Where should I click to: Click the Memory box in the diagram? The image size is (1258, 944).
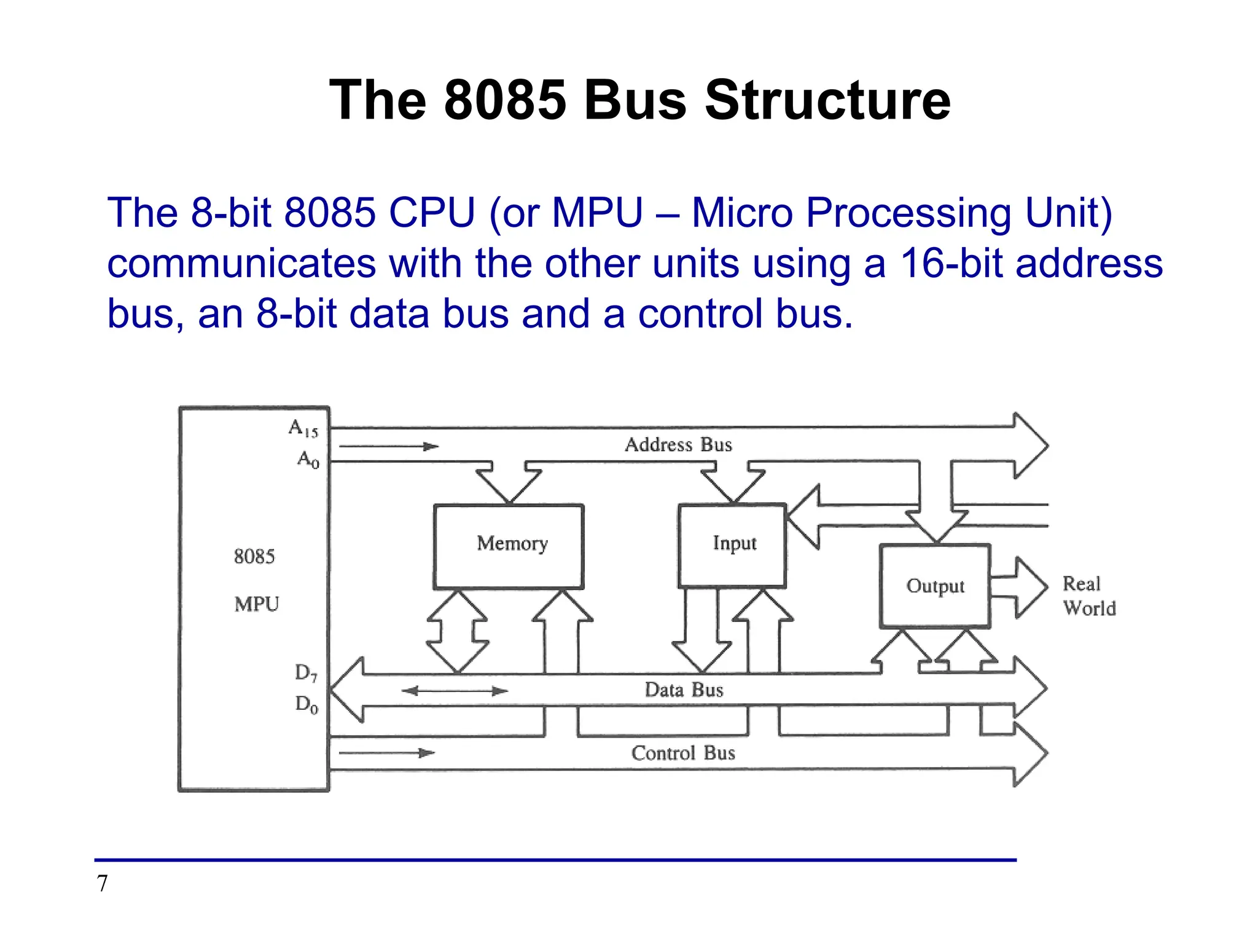coord(509,546)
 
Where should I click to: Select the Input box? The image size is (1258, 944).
coord(732,545)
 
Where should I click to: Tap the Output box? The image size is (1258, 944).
coord(934,586)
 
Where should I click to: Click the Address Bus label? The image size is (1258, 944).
coord(678,444)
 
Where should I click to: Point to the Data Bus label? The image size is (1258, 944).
coord(684,690)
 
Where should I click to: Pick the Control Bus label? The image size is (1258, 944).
coord(683,753)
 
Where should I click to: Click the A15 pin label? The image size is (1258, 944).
coord(303,428)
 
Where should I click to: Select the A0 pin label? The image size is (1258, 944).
coord(308,459)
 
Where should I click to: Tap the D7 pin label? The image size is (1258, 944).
coord(306,673)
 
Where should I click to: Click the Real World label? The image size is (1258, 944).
coord(1088,596)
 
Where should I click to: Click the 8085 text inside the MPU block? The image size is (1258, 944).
coord(254,556)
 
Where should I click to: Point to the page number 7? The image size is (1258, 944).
coord(102,883)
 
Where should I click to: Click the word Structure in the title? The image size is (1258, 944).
coord(827,100)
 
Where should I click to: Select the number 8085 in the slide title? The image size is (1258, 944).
coord(504,100)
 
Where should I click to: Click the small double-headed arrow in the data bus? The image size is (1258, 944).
coord(455,691)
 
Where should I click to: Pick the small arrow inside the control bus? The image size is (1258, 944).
coord(386,752)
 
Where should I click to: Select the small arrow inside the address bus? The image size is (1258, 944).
coord(388,446)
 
